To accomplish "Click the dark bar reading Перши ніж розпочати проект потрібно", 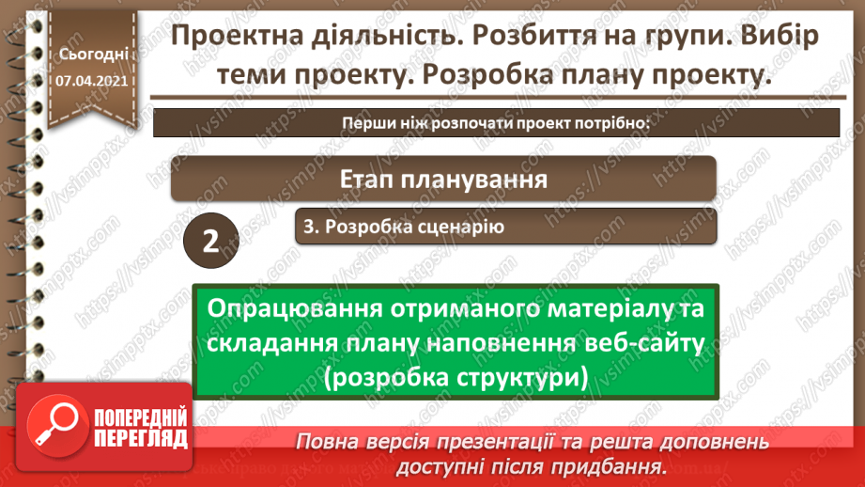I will [x=496, y=123].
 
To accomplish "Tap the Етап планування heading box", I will [x=443, y=178].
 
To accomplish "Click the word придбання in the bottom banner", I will [x=617, y=465].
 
